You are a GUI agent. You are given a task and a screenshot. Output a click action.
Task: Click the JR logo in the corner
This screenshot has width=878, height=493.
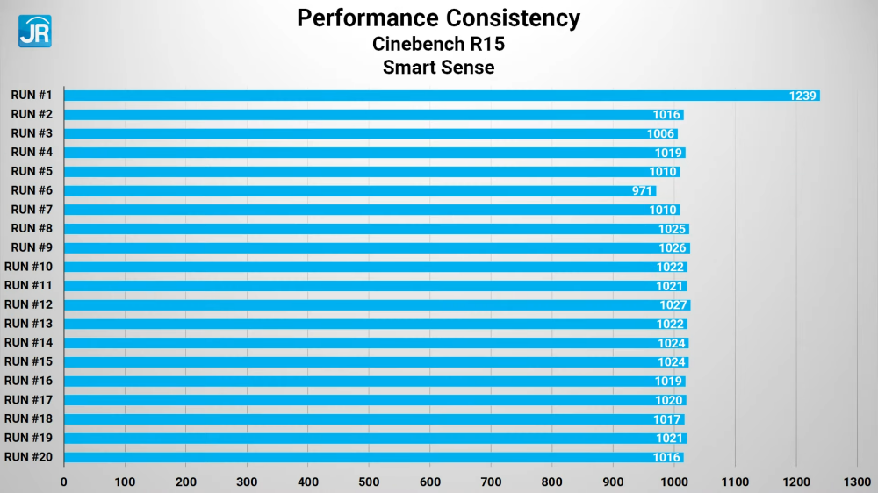(34, 31)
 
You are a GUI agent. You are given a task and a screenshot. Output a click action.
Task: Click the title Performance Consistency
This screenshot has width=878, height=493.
(438, 18)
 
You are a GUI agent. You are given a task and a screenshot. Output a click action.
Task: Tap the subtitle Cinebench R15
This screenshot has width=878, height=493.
(438, 44)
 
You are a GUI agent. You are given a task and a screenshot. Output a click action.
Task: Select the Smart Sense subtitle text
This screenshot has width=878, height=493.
(438, 67)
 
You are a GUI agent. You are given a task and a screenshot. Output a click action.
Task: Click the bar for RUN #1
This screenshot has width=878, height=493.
(439, 96)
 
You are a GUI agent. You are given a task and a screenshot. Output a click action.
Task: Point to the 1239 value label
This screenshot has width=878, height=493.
(803, 96)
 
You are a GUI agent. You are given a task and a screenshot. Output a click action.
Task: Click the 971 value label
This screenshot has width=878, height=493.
(643, 190)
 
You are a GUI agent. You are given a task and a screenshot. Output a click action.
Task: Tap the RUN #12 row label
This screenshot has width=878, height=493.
(29, 304)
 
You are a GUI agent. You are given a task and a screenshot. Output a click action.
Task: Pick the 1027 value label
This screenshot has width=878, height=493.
(673, 304)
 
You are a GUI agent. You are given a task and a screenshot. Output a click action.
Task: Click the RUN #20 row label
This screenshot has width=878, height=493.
(29, 456)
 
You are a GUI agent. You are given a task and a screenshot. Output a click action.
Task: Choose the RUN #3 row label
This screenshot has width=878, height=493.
(32, 133)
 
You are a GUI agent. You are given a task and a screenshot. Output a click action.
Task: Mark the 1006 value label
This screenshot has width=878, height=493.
(660, 133)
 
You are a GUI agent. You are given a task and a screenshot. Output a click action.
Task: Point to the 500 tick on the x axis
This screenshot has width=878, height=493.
(369, 481)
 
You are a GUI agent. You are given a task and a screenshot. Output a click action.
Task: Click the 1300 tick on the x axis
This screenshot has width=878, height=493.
(857, 481)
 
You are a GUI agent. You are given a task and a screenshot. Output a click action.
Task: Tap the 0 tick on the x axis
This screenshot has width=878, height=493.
(64, 481)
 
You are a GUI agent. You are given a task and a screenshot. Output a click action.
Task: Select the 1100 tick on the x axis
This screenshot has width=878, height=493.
(735, 481)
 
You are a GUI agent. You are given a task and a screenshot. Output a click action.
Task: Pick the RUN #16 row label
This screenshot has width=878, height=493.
(29, 381)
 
